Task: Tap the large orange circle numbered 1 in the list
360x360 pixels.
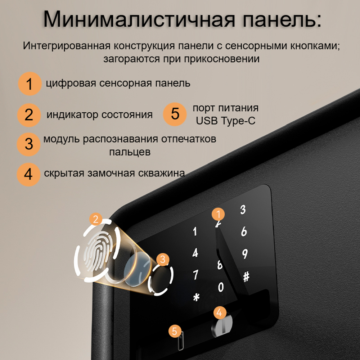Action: click(x=29, y=84)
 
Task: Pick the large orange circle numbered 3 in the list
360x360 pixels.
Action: click(x=29, y=144)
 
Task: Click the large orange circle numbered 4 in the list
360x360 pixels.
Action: click(x=28, y=174)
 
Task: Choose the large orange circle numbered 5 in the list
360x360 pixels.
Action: click(x=175, y=114)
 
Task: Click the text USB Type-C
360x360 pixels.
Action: click(x=225, y=121)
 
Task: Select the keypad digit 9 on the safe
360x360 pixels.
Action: click(x=245, y=254)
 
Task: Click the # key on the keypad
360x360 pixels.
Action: click(x=246, y=276)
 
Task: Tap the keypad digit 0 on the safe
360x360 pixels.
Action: click(x=221, y=287)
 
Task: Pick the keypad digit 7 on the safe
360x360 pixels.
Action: click(x=195, y=275)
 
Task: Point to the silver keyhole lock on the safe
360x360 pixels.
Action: click(x=220, y=327)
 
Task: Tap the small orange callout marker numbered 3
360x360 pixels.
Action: click(x=163, y=258)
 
